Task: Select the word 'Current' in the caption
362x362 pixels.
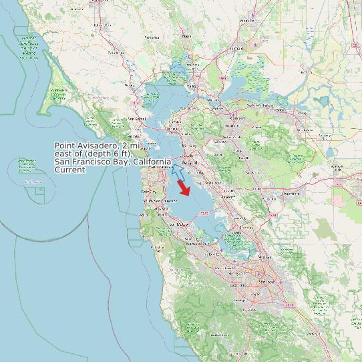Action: click(69, 170)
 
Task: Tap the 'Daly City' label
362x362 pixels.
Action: click(149, 192)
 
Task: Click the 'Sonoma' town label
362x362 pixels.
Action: click(152, 37)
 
